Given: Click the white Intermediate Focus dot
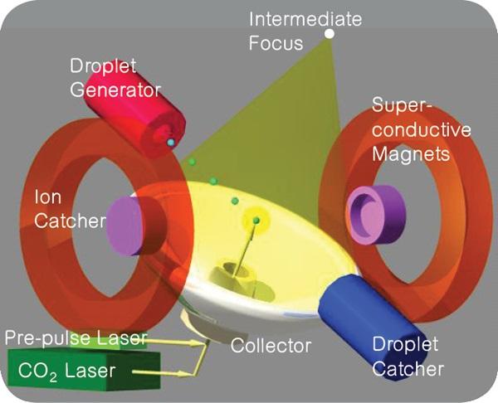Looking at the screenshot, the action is pyautogui.click(x=330, y=33).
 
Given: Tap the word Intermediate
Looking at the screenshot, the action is pyautogui.click(x=305, y=19).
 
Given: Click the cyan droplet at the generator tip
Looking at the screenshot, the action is pyautogui.click(x=171, y=143).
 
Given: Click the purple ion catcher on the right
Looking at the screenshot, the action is pyautogui.click(x=376, y=214).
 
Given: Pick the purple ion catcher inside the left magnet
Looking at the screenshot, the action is pyautogui.click(x=125, y=226).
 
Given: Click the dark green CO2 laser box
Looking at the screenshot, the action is pyautogui.click(x=84, y=369).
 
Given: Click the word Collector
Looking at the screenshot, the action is pyautogui.click(x=271, y=346).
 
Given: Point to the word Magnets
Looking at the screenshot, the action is pyautogui.click(x=411, y=154).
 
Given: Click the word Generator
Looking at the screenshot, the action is pyautogui.click(x=115, y=90).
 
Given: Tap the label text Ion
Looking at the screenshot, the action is pyautogui.click(x=47, y=197).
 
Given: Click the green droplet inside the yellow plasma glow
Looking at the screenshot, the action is pyautogui.click(x=256, y=221).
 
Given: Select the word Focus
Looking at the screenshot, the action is pyautogui.click(x=276, y=43).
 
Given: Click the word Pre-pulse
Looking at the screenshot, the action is pyautogui.click(x=49, y=338).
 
